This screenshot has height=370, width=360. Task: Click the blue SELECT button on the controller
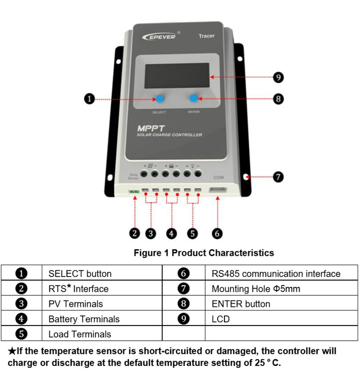[161, 99]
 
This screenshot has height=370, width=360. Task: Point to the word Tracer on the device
[207, 36]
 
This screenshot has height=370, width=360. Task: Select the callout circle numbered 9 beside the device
[279, 77]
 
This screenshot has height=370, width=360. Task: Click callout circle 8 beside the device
[279, 99]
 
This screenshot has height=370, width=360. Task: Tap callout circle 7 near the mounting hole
[279, 177]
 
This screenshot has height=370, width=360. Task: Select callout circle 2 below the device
[135, 233]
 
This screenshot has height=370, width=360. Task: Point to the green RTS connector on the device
[134, 192]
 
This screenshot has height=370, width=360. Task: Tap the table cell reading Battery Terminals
[84, 319]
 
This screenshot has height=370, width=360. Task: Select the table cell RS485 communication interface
[276, 273]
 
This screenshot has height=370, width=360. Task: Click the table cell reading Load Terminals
[80, 334]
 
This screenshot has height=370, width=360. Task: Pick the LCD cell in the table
[220, 319]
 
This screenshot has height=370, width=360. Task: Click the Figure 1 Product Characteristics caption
[203, 253]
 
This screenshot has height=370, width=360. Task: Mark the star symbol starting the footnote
[12, 351]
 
